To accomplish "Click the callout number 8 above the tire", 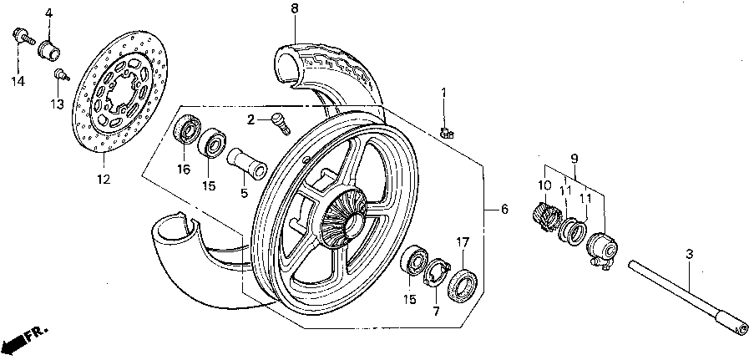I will point(294,8).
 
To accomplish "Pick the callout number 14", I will point(18,80).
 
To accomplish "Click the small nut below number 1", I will point(447,130).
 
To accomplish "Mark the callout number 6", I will point(504,209).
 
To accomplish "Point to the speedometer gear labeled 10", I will point(545,215).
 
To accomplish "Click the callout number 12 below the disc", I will point(103,180).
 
